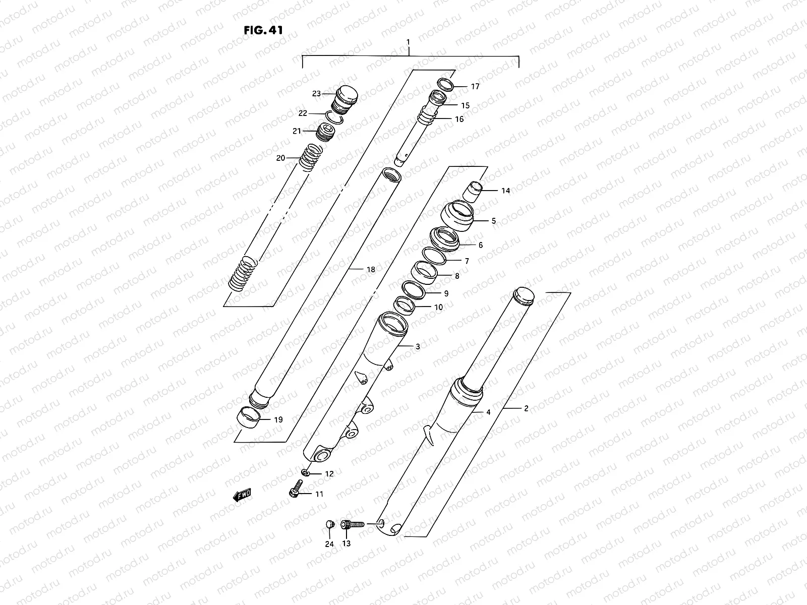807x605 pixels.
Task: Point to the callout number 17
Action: [x=475, y=87]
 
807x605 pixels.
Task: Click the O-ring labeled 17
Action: [x=445, y=84]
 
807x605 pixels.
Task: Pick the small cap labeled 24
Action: [x=329, y=525]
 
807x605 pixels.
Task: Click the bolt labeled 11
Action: [x=296, y=489]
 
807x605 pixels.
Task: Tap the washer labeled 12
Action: [x=306, y=472]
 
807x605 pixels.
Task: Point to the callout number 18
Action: [x=371, y=270]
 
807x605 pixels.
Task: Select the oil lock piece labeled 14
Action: [x=474, y=192]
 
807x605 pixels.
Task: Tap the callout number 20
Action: [x=280, y=158]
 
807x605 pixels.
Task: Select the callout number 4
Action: [x=488, y=412]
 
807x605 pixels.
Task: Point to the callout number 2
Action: [x=526, y=408]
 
